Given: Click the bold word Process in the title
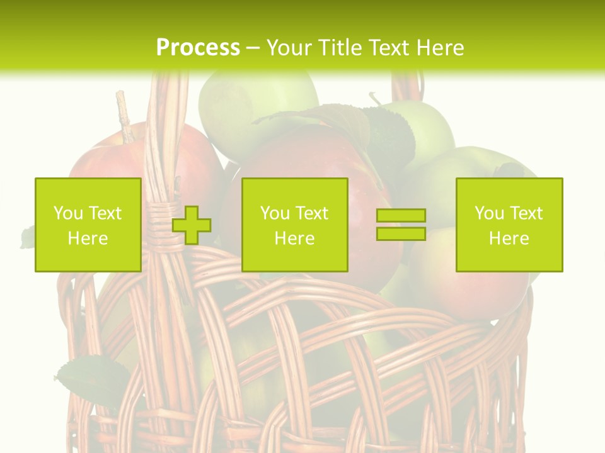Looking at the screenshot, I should pos(198,48).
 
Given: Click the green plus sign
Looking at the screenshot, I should pos(192,225).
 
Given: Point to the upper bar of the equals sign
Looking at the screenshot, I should pos(401,216).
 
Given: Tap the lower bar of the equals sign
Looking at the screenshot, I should pos(401,233).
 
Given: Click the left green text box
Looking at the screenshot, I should pos(88,225).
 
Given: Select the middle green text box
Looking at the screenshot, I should pos(294,225).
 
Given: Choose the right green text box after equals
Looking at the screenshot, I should pos(509,225).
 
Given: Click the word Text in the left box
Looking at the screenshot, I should pos(105,213).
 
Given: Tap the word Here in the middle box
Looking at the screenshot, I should pos(294,238).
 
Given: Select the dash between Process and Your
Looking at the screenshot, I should pos(253,48).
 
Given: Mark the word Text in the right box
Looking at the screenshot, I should pos(526,213).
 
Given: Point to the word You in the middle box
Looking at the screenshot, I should pos(275,213).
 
